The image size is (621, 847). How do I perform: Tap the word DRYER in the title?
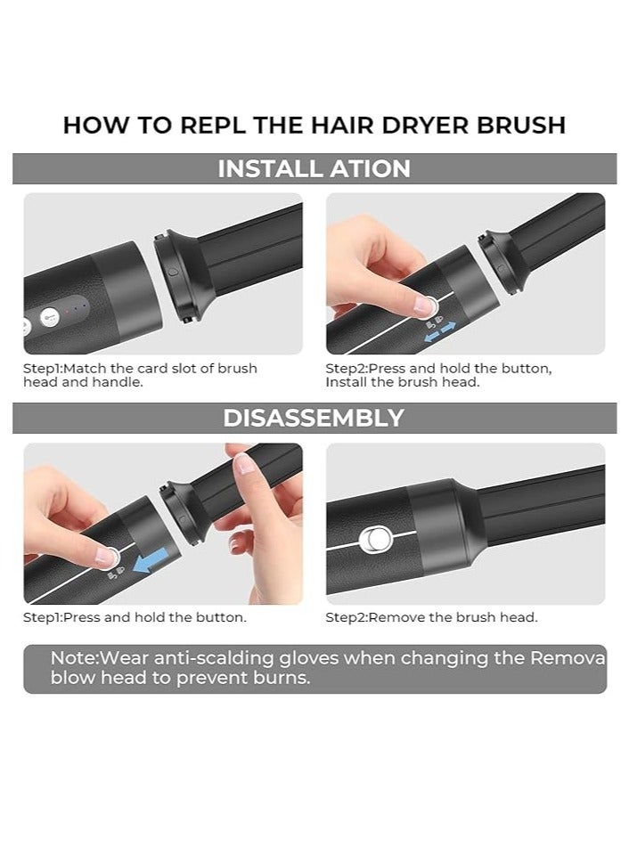click(x=432, y=125)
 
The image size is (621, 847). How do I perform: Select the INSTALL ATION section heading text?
click(x=314, y=168)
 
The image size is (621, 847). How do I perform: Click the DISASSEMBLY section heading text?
click(x=314, y=418)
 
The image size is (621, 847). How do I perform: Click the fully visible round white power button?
click(x=50, y=315)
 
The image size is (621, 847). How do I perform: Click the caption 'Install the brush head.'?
click(x=402, y=382)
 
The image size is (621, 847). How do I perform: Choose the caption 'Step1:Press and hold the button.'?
click(x=135, y=616)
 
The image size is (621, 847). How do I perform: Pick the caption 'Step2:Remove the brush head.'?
click(x=431, y=616)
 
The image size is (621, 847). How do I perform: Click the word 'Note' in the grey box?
click(x=71, y=658)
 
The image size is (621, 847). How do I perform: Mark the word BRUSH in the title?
click(x=522, y=125)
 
